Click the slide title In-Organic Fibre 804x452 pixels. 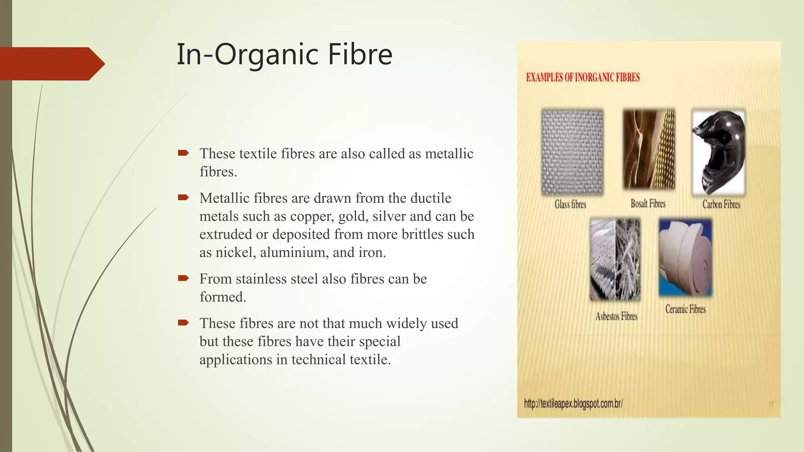pos(284,55)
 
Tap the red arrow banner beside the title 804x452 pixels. pos(51,64)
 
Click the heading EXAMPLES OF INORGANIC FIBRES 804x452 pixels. pos(583,77)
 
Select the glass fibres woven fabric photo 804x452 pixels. pos(572,152)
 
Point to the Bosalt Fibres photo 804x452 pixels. pos(649,149)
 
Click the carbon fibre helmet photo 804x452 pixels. pos(718,152)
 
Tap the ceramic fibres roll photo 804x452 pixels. pos(685,257)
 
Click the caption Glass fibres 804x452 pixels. pos(570,204)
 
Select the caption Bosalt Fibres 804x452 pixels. pos(648,204)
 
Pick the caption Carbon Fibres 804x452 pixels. pos(721,204)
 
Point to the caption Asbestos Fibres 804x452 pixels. pos(616,316)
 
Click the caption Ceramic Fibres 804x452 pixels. pos(685,309)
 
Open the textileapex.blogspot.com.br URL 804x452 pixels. pos(573,403)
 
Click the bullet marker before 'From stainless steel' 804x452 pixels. pos(183,279)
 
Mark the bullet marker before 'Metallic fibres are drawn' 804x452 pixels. pos(183,197)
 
